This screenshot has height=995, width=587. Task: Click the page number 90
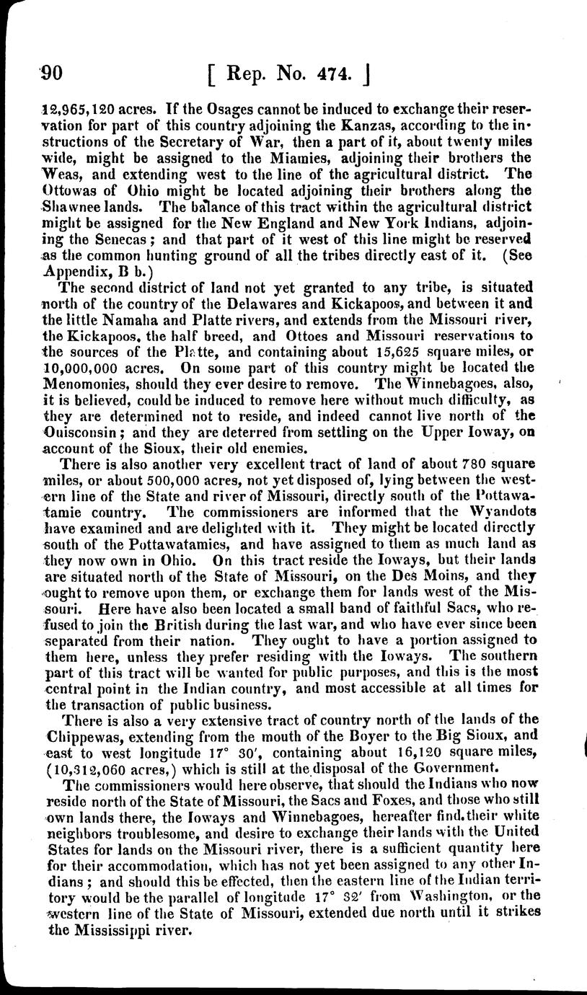(53, 73)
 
